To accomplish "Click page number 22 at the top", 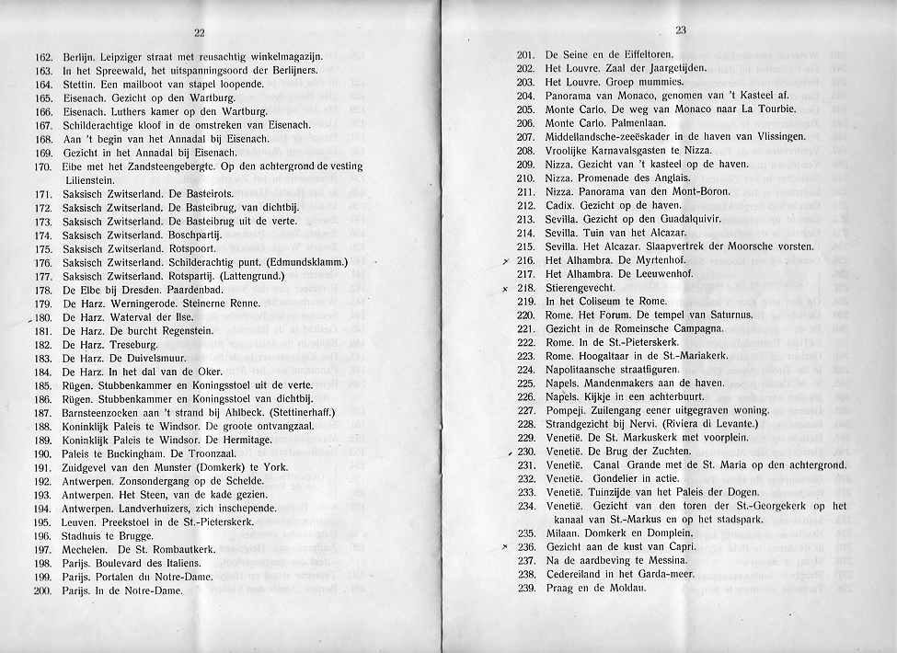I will pyautogui.click(x=199, y=35).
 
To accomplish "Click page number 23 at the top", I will pyautogui.click(x=681, y=29).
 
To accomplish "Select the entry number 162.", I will pyautogui.click(x=42, y=58).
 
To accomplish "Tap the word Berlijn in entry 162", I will pyautogui.click(x=81, y=58).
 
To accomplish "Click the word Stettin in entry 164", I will pyautogui.click(x=80, y=84).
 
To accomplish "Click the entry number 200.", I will pyautogui.click(x=42, y=590).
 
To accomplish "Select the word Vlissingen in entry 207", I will pyautogui.click(x=775, y=137).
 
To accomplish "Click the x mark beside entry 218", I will pyautogui.click(x=506, y=291).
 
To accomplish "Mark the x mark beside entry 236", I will pyautogui.click(x=506, y=547).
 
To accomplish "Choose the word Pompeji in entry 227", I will pyautogui.click(x=564, y=409).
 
